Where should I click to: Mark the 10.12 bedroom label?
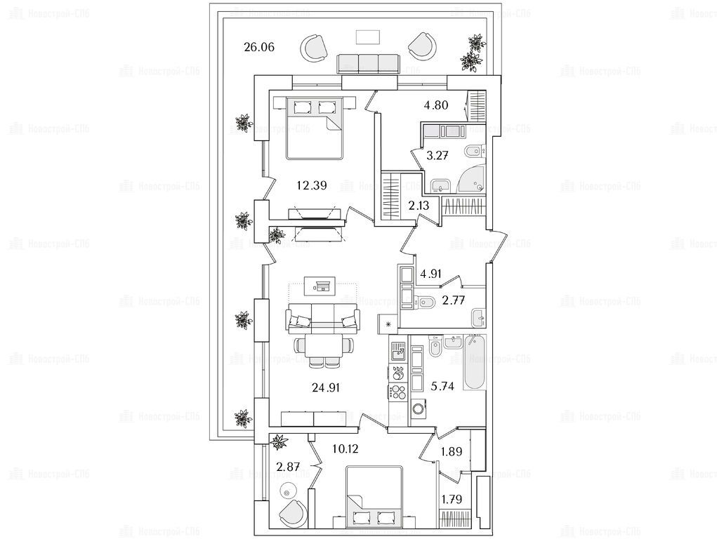(x=344, y=448)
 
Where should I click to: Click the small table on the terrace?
(x=367, y=36)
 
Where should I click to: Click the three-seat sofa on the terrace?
(x=369, y=63)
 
